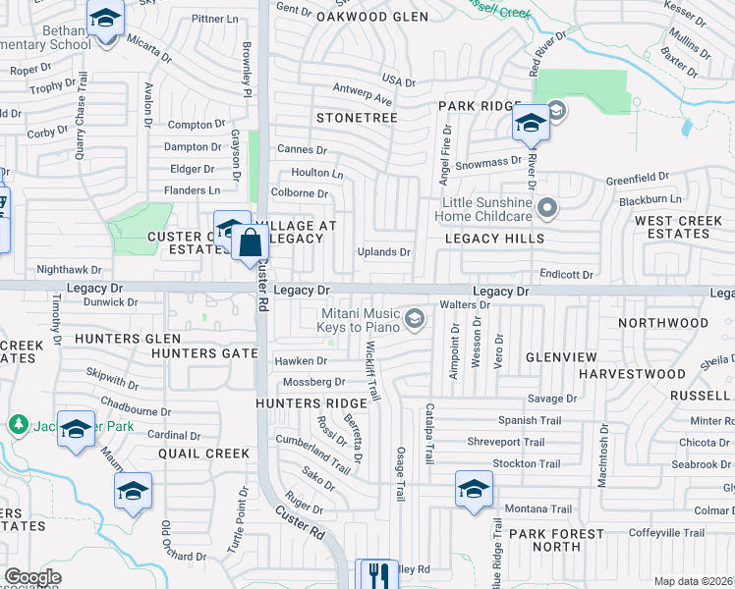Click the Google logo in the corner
coord(32,577)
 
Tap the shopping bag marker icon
coord(251,241)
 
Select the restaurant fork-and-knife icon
coord(374,574)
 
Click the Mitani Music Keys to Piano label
coord(360,319)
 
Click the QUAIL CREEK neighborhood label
coord(204,454)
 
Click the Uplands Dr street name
coord(383,252)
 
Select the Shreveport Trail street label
coord(505,443)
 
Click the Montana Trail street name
coord(537,509)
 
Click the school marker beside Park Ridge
coord(530,123)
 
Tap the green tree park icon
coord(17,424)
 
